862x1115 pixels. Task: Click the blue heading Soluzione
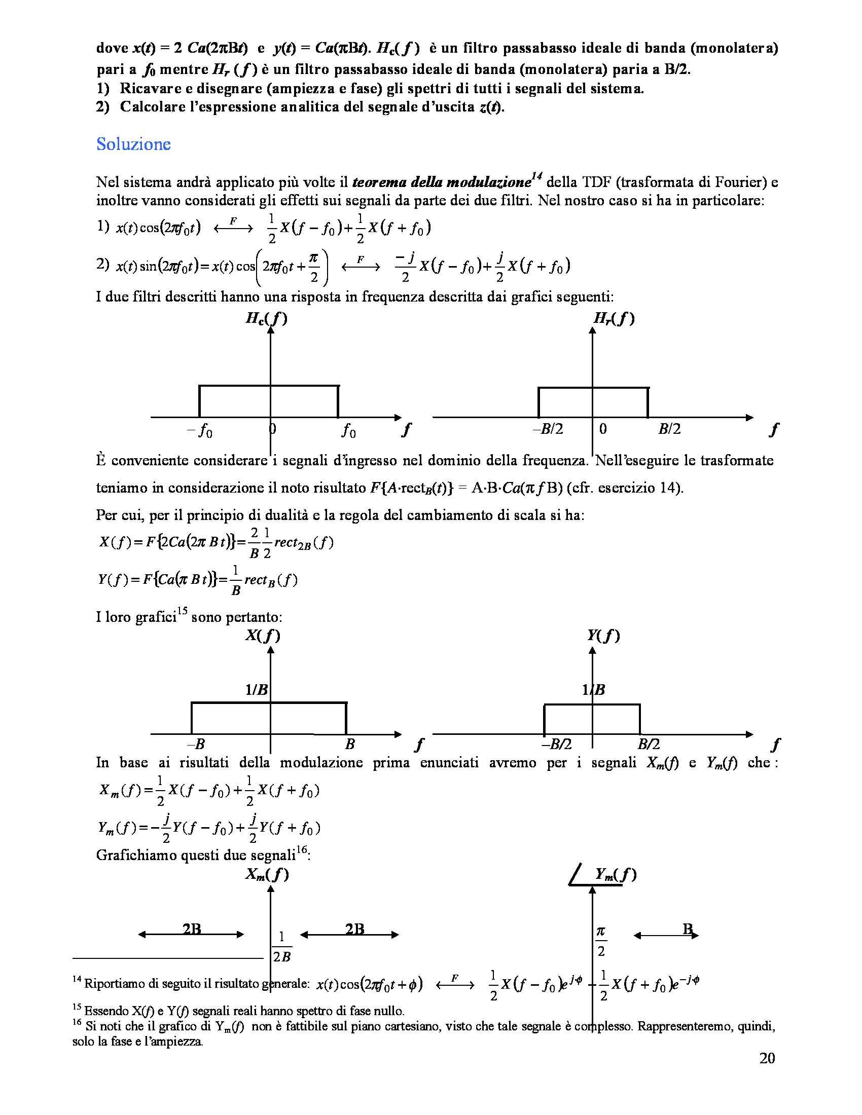click(133, 144)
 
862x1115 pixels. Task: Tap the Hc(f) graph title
click(266, 319)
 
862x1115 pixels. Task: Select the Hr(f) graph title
click(614, 319)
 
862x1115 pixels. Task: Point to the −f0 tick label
click(200, 432)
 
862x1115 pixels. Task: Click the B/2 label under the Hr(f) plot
click(669, 429)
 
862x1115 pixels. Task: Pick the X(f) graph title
click(263, 636)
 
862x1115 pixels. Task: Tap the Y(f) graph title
click(602, 636)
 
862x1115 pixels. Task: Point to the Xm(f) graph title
click(267, 875)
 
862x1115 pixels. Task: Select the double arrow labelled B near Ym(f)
click(666, 935)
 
